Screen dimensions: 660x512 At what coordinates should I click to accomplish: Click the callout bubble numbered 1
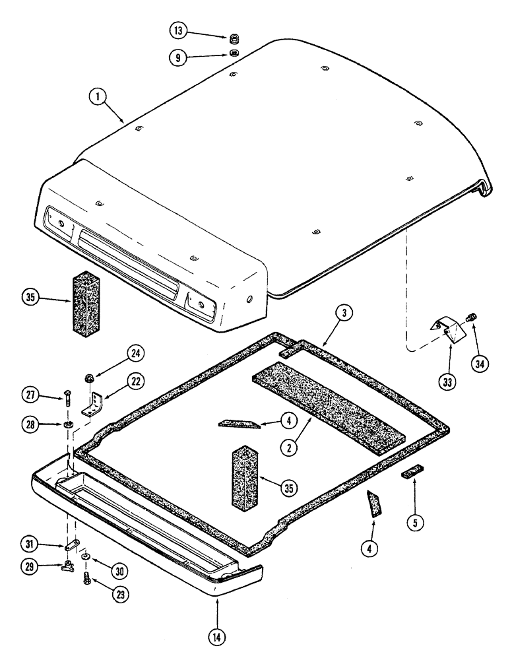click(98, 98)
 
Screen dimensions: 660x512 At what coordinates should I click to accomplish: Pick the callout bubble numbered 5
click(415, 523)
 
